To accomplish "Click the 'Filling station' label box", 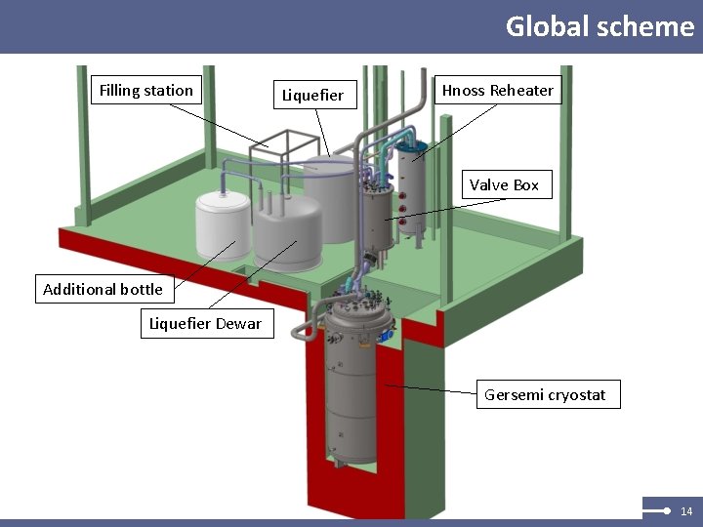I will (x=146, y=91).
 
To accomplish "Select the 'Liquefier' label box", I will (x=312, y=95).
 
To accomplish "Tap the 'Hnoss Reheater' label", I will (x=497, y=91).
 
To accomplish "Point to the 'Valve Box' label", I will (x=504, y=184).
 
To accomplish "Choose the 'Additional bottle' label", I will (x=103, y=289).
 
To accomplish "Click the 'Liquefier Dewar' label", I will (x=205, y=324).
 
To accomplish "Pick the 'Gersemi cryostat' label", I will (x=545, y=395).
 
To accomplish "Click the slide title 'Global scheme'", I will (x=600, y=26).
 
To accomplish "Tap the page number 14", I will (x=686, y=511).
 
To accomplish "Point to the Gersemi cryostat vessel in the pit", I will (x=351, y=390).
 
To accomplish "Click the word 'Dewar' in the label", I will (x=239, y=324).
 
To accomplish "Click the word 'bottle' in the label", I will (x=142, y=289).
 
